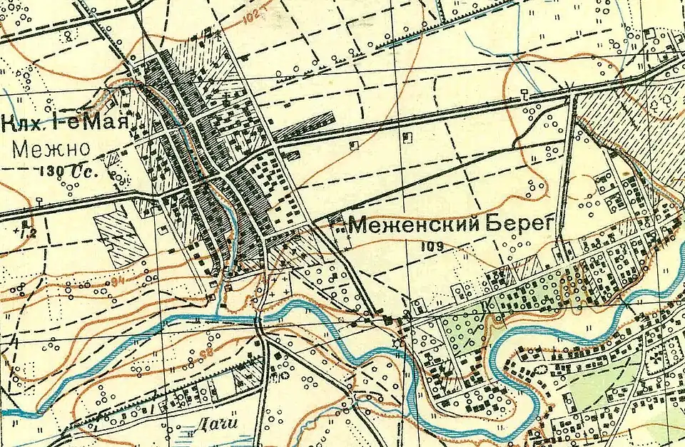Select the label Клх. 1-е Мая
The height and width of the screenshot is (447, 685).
(x=66, y=123)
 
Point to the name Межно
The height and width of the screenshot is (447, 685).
(x=50, y=149)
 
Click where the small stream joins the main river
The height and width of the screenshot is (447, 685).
(x=218, y=313)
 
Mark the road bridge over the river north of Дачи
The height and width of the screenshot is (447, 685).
(x=260, y=320)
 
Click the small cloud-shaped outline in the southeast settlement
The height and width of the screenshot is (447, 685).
(x=541, y=369)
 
